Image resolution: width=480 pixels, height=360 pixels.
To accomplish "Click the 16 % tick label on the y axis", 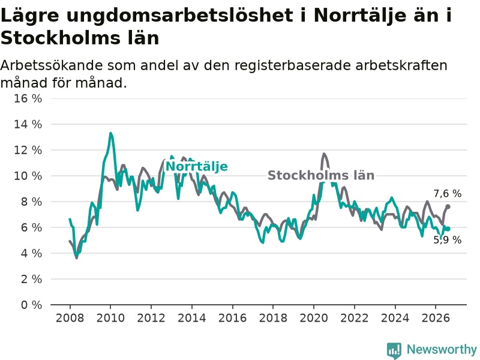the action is coord(28,98).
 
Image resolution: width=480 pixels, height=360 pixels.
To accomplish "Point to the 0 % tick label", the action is coord(31,305).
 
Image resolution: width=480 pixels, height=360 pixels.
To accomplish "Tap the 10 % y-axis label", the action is coord(28,176).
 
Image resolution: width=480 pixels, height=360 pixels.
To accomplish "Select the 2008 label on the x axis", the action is coord(70,318).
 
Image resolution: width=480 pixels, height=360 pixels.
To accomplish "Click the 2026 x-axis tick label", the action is coord(436,318).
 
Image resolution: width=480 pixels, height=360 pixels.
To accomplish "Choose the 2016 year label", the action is coord(232,318).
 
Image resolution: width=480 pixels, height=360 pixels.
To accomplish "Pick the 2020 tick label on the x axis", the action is coord(314,318).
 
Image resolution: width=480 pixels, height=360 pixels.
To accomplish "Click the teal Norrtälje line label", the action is coord(197,167).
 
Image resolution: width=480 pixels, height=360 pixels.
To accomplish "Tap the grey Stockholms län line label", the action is coord(321,175).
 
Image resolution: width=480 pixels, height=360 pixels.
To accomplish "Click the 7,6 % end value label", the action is coord(447,193).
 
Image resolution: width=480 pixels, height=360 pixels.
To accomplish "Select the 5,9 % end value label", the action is coord(447,239).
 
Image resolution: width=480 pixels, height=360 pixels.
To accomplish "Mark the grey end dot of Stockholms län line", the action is coord(448,206).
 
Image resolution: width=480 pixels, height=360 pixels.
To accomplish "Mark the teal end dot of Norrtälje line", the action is coord(448,229).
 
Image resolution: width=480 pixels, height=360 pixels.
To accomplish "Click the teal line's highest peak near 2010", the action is coord(110,133).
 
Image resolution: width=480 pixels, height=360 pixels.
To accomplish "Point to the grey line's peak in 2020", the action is coord(324,154).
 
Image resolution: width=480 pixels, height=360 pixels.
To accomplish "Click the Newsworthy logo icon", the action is coord(394,350).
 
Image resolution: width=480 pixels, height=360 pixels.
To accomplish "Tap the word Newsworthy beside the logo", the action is coord(442,349).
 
